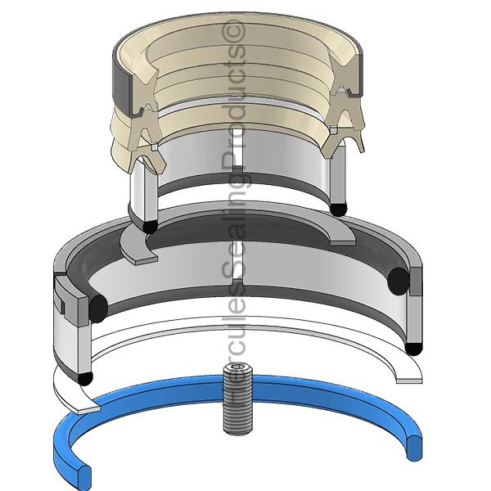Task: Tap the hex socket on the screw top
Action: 237,367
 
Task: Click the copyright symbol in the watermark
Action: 233,32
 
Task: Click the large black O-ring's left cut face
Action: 98,309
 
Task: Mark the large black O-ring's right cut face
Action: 399,282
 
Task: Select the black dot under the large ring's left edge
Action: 85,378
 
